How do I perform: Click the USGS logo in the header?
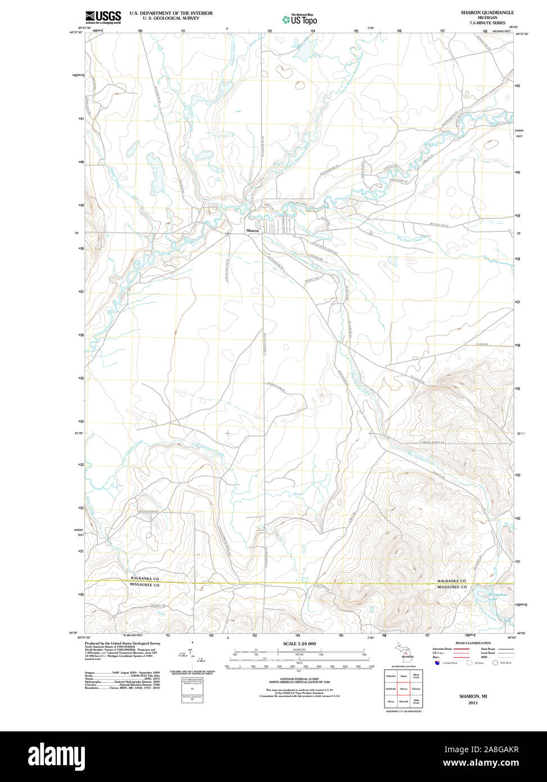103,17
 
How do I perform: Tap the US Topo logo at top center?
300,19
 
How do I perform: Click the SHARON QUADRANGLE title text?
487,12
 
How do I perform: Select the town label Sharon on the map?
252,231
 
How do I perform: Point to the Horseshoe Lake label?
486,596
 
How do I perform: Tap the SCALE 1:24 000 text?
299,644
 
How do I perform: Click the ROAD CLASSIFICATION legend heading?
473,643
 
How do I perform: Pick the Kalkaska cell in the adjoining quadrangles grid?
390,675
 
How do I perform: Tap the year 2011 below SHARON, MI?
472,703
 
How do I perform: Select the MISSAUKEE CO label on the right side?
452,587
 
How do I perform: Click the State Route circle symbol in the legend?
495,663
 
